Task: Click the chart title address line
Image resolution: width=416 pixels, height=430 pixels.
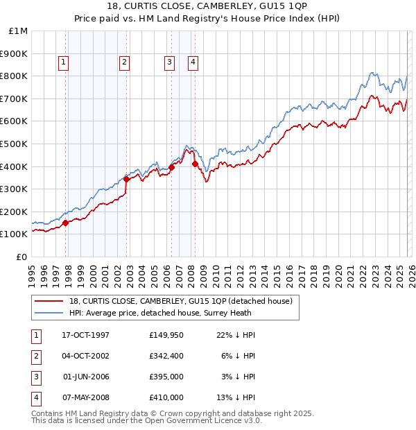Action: click(x=207, y=7)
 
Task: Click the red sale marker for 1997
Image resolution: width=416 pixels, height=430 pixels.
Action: click(x=66, y=223)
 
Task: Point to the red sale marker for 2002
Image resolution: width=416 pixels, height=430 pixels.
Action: click(x=127, y=179)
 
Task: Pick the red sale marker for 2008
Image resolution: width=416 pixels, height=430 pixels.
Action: click(x=195, y=164)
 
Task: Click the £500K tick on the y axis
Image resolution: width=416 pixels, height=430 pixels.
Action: click(x=14, y=144)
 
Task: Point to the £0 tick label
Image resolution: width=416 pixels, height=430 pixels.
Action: click(x=22, y=257)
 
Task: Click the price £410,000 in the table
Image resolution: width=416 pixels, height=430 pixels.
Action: click(x=166, y=397)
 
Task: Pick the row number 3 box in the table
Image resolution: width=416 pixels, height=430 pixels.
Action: click(x=35, y=376)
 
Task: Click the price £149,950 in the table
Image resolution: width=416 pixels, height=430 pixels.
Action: click(x=166, y=334)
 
